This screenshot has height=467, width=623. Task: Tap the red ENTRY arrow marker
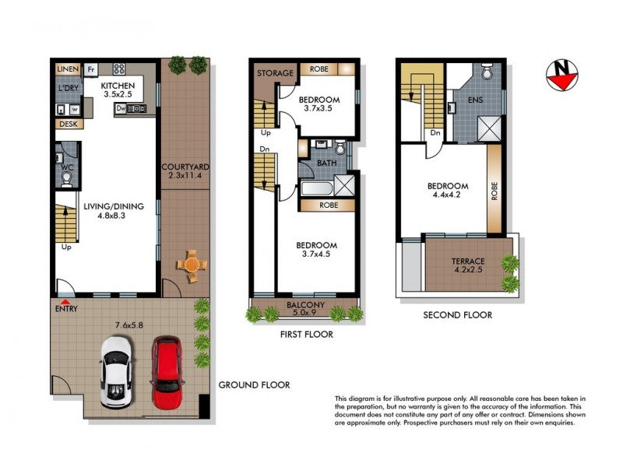pos(65,300)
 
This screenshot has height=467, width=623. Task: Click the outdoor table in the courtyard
pos(191,265)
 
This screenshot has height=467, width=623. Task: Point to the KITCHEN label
pos(119,86)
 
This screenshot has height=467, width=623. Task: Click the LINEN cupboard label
pos(68,69)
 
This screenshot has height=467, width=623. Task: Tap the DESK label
pos(67,125)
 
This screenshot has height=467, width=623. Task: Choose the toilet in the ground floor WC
pos(67,178)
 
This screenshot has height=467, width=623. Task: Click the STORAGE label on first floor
pos(275,73)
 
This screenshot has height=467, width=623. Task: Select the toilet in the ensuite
pos(487,72)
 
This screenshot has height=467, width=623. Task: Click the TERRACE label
pos(469,262)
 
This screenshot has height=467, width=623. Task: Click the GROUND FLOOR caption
pos(254,384)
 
